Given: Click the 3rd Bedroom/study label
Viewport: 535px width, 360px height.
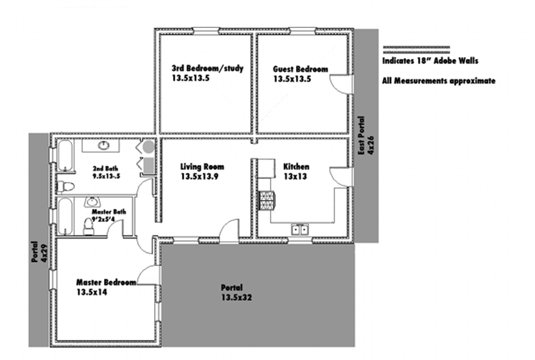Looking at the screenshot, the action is click(x=207, y=68).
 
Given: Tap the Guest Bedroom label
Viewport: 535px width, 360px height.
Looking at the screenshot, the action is click(x=300, y=69).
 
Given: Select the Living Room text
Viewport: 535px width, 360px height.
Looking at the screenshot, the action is click(x=202, y=167).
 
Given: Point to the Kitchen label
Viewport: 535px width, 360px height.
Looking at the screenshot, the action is click(x=296, y=167).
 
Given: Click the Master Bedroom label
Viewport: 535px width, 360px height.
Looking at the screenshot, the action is click(x=106, y=282).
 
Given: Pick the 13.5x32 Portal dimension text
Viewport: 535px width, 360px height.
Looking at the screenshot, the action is click(x=237, y=298).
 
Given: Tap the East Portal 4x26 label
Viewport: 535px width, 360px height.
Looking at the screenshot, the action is click(x=366, y=135).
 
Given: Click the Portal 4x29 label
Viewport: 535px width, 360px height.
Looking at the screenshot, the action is click(x=39, y=252).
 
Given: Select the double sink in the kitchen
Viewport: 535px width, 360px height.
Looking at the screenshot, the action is click(x=300, y=229).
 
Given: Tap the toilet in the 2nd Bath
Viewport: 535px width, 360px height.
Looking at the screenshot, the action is click(x=65, y=187).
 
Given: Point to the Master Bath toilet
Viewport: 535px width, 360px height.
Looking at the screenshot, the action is click(x=89, y=226).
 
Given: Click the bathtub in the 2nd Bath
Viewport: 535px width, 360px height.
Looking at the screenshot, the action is click(x=65, y=155).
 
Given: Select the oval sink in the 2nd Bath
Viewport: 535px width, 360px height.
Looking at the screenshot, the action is click(x=103, y=146).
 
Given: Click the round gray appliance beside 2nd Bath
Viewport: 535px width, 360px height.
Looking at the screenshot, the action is click(x=149, y=147).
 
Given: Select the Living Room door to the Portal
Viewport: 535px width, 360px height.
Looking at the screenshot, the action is click(x=229, y=231).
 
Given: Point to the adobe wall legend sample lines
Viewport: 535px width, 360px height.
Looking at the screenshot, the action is click(x=416, y=50).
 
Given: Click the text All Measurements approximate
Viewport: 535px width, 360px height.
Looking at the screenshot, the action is click(x=439, y=81).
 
